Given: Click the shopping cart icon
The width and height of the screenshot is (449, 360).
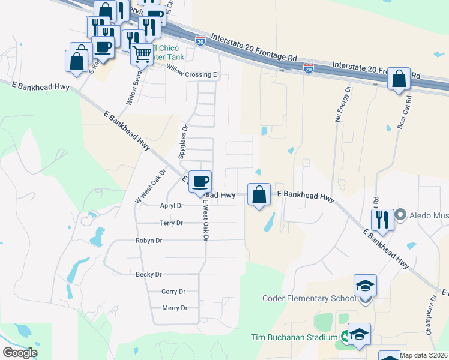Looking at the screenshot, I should coord(142,54).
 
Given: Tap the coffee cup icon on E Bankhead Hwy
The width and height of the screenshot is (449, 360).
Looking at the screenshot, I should coord(200,181).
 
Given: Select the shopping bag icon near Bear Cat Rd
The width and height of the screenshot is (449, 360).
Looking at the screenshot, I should coord(399,79).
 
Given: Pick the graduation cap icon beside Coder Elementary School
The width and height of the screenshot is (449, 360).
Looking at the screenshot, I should coord(364,286).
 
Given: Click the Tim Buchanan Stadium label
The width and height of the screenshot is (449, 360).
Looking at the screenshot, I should coord(294,337).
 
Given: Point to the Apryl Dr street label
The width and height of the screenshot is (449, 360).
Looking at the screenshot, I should coord(171,205).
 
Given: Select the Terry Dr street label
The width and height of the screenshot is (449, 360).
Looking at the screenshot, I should coord(171,223).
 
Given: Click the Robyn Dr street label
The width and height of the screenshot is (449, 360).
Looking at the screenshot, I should coord(149,241).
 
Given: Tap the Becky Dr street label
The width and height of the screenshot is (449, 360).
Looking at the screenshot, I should coord(149,274).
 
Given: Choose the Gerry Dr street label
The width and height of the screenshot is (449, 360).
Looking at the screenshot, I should coord(173,292).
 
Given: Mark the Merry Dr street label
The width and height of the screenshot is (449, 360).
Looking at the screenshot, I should coord(175,308).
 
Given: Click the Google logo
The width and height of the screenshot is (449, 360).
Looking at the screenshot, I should coord(20,353).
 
